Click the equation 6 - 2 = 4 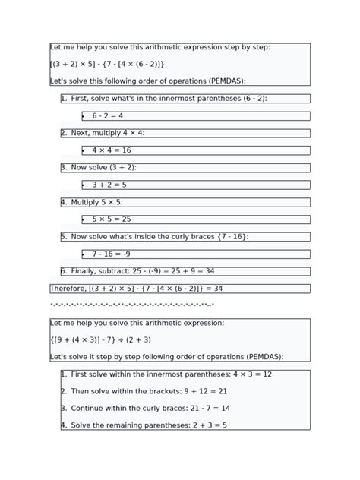(x=108, y=116)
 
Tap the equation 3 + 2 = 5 (x=109, y=185)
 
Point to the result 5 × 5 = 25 (x=112, y=219)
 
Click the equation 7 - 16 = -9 (x=112, y=254)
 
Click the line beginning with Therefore (x=137, y=289)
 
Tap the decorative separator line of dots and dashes (x=132, y=305)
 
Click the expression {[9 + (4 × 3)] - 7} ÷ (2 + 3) (x=101, y=340)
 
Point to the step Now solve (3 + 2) (x=103, y=167)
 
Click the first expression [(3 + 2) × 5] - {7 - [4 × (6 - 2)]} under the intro (x=107, y=65)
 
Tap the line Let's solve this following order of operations (x=148, y=81)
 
